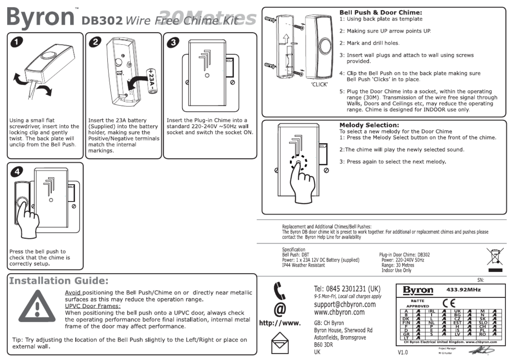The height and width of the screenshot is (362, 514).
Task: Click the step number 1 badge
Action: (x=17, y=42)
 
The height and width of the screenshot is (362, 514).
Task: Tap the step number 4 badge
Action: (x=17, y=171)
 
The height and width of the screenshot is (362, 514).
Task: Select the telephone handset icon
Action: (x=279, y=291)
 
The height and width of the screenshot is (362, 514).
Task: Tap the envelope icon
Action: (x=280, y=343)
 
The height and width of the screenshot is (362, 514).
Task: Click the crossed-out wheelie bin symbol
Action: (x=495, y=257)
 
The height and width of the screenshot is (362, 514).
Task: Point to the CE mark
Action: (x=449, y=303)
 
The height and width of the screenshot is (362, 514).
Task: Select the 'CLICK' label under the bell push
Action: (x=319, y=85)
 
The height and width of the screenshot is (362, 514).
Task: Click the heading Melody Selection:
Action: (x=369, y=125)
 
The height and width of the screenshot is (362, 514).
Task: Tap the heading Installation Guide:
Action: (x=59, y=281)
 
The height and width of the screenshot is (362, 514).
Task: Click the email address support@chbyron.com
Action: (x=345, y=304)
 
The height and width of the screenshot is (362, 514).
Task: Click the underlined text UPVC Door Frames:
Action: (x=93, y=306)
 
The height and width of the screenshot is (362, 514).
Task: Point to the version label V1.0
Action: (x=403, y=352)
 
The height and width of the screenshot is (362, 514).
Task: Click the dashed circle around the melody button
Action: (x=298, y=163)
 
